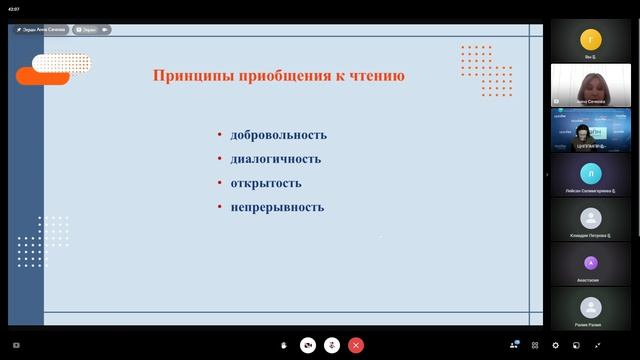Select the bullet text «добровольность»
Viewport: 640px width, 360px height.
pyautogui.click(x=278, y=135)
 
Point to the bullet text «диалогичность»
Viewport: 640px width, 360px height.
pyautogui.click(x=275, y=159)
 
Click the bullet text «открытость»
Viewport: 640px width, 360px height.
pyautogui.click(x=265, y=183)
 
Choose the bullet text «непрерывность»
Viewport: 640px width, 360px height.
pyautogui.click(x=277, y=207)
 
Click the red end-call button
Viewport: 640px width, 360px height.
pyautogui.click(x=355, y=345)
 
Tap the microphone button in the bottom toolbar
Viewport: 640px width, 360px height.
pyautogui.click(x=331, y=345)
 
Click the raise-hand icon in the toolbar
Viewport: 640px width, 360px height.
pyautogui.click(x=285, y=345)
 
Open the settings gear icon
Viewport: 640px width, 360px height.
pyautogui.click(x=556, y=345)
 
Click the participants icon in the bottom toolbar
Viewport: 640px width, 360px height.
pyautogui.click(x=514, y=345)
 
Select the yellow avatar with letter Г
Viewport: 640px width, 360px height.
pyautogui.click(x=590, y=41)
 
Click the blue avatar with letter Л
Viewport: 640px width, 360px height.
pyautogui.click(x=590, y=174)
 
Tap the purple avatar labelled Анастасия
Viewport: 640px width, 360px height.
pyautogui.click(x=590, y=263)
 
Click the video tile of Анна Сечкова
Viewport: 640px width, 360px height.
pyautogui.click(x=590, y=84)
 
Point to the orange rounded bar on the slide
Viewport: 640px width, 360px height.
pyautogui.click(x=43, y=76)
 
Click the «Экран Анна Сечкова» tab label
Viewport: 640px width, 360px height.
pyautogui.click(x=41, y=30)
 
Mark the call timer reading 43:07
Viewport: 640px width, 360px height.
pyautogui.click(x=13, y=8)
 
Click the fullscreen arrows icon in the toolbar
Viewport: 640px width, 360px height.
pyautogui.click(x=597, y=345)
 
